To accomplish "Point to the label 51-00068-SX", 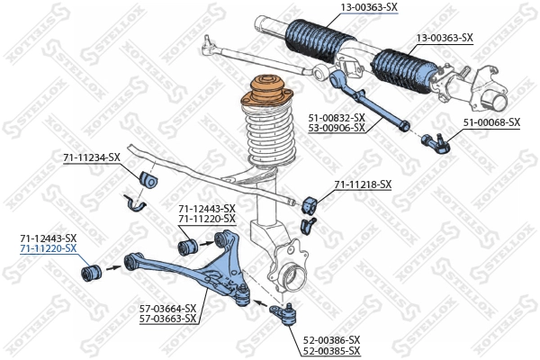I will pos(491,121).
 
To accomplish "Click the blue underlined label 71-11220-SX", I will pos(49,248).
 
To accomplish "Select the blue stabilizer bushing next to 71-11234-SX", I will pos(148,178).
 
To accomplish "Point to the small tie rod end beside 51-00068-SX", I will pos(435,139).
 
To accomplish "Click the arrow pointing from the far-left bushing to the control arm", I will pos(112,266).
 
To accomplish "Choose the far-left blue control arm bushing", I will pos(89,269).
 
